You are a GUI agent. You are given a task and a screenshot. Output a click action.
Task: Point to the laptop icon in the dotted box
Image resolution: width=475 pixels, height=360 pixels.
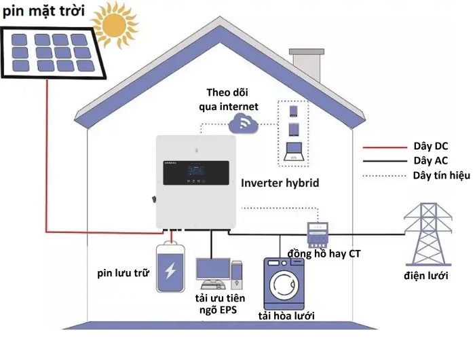pyautogui.click(x=295, y=151)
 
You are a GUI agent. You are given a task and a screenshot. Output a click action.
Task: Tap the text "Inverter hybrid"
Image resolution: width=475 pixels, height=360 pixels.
pyautogui.click(x=290, y=183)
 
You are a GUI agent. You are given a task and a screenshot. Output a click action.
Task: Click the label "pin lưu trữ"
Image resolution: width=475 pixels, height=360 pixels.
pyautogui.click(x=123, y=273)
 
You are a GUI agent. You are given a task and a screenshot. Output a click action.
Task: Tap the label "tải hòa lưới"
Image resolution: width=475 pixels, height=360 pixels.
pyautogui.click(x=286, y=317)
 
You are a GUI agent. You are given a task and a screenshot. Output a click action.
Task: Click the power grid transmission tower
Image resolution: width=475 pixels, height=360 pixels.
pyautogui.click(x=428, y=230)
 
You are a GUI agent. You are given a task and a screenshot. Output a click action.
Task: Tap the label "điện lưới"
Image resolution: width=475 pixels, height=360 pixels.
pyautogui.click(x=425, y=276)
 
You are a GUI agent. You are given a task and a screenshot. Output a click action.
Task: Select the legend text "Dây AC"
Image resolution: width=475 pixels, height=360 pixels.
pyautogui.click(x=430, y=161)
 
